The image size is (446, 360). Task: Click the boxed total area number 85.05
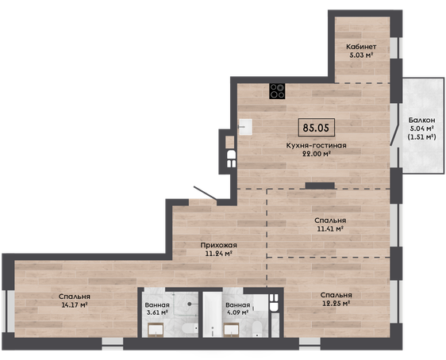click(316, 128)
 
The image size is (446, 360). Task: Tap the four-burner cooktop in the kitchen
click(277, 91)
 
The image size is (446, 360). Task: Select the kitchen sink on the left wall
click(245, 127)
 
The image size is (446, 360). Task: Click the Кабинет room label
click(361, 47)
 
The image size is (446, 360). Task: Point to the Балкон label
click(422, 120)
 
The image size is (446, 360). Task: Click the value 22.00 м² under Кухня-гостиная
click(316, 154)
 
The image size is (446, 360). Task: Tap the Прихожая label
click(218, 245)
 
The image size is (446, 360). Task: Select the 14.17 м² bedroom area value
click(75, 305)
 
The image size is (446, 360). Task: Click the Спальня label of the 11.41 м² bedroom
click(330, 220)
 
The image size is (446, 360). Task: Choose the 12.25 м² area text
click(336, 304)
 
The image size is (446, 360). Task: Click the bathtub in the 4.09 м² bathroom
click(212, 315)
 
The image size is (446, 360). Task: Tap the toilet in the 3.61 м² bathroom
click(190, 330)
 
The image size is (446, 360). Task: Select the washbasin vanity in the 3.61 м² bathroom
click(156, 331)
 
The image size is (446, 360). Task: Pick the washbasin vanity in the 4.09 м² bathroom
click(231, 330)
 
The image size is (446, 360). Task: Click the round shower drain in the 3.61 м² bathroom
click(190, 304)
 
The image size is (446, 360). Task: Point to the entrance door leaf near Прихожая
click(205, 193)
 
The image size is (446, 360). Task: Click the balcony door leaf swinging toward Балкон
click(394, 133)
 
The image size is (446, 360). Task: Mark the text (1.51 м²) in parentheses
click(422, 137)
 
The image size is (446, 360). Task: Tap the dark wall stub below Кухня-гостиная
click(320, 186)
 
